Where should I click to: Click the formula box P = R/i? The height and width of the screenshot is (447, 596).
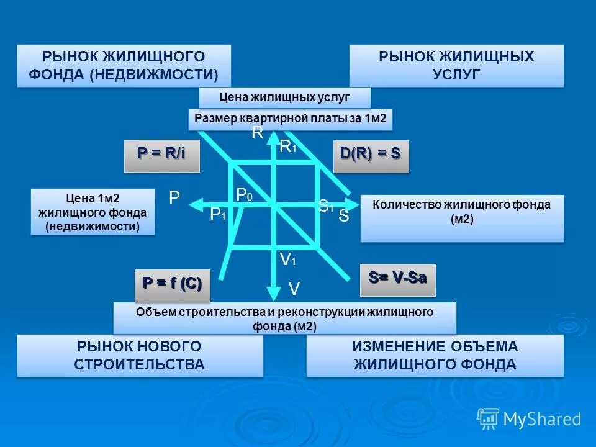click(x=161, y=156)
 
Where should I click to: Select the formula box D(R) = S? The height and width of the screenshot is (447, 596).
click(x=371, y=156)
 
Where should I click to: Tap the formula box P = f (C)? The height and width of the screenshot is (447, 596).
click(x=172, y=284)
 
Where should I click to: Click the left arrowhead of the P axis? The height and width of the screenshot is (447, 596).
click(x=195, y=204)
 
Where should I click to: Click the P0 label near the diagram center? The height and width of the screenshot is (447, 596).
click(x=244, y=195)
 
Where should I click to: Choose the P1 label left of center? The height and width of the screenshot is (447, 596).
click(x=217, y=215)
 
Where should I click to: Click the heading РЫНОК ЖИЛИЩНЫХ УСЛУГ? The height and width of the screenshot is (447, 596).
click(x=456, y=65)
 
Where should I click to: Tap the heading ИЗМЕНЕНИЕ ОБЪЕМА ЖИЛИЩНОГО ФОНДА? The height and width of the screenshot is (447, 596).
click(x=435, y=355)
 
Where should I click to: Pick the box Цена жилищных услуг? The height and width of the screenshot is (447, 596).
click(x=284, y=97)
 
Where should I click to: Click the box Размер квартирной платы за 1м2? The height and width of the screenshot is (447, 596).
click(x=291, y=119)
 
